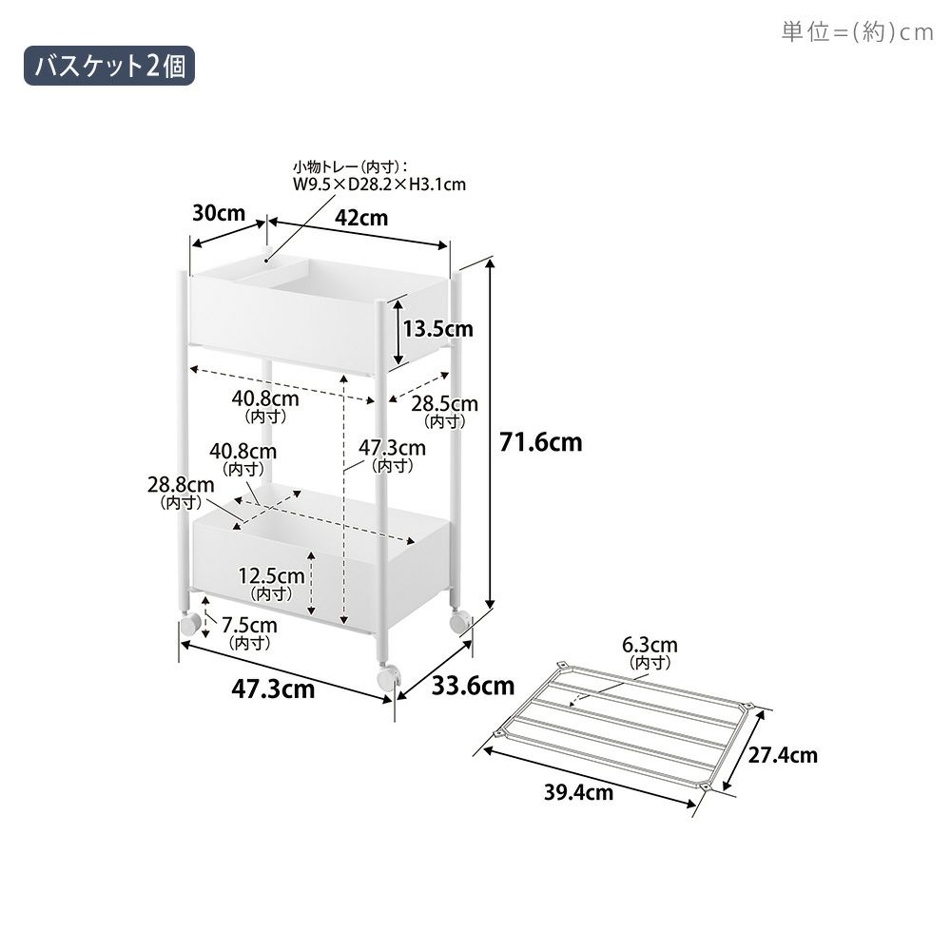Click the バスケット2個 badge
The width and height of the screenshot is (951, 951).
(109, 66)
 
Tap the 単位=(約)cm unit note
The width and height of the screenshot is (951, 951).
(857, 31)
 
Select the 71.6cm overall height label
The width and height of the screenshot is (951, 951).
(540, 442)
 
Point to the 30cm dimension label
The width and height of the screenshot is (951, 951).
(219, 213)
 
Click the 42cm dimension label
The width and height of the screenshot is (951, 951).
(361, 218)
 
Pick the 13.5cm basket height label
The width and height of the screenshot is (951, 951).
(437, 329)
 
